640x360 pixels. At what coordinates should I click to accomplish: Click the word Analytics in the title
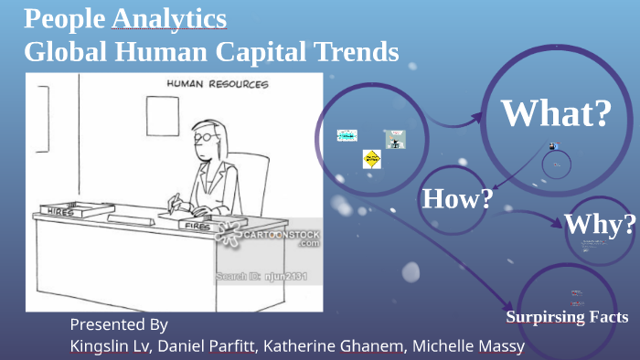pos(169,19)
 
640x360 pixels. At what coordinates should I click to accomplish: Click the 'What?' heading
pos(556,113)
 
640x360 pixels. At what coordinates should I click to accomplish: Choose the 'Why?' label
pos(599,225)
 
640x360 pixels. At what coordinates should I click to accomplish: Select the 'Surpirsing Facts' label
pos(567,317)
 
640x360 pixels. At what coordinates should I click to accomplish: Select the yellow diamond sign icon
pos(371,159)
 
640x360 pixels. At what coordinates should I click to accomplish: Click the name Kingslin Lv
pos(109,346)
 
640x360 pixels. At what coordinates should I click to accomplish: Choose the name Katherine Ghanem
pos(347,346)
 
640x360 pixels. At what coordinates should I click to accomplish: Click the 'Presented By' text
pos(119,324)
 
